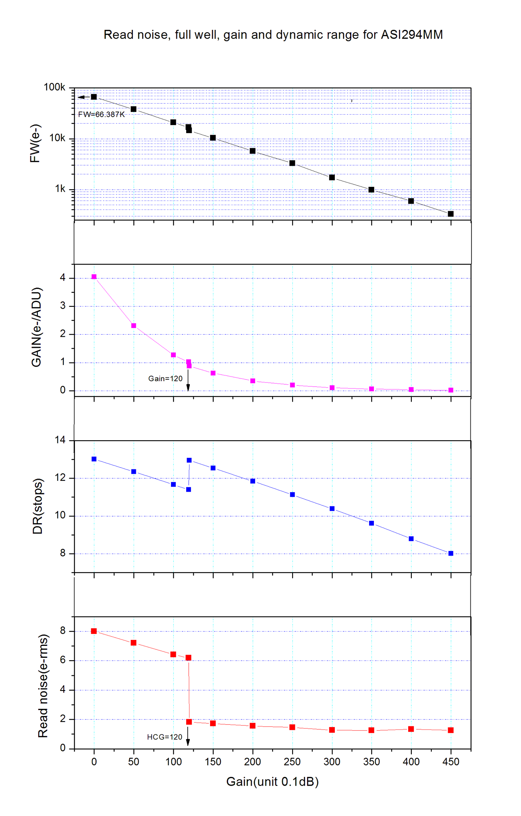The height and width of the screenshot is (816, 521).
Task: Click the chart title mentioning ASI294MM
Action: coord(273,35)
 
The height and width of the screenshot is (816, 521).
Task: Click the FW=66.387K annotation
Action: coord(101,115)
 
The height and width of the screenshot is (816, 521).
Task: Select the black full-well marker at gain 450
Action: coord(450,214)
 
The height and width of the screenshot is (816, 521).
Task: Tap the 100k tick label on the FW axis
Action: coord(54,87)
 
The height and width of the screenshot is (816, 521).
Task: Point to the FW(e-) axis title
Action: coord(35,144)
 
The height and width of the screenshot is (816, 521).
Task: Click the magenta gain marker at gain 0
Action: coord(94,277)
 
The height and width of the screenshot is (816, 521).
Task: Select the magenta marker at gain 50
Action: coord(134,326)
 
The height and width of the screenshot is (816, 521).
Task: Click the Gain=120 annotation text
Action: coord(165,379)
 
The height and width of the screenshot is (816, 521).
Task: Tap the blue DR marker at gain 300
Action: coord(332,508)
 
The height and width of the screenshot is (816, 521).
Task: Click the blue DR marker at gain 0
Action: coord(94,459)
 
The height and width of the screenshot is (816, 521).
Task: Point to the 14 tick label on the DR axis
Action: coord(60,440)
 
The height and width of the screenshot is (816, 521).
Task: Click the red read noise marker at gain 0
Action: coord(94,631)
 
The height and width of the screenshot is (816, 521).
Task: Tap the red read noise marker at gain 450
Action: coord(450,730)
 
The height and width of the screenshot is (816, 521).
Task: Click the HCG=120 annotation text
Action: coord(164,737)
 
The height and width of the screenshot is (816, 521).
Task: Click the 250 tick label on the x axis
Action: coord(292,762)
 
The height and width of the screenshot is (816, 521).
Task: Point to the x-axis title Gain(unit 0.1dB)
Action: coord(272,782)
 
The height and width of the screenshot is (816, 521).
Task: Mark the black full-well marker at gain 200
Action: coord(252,151)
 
